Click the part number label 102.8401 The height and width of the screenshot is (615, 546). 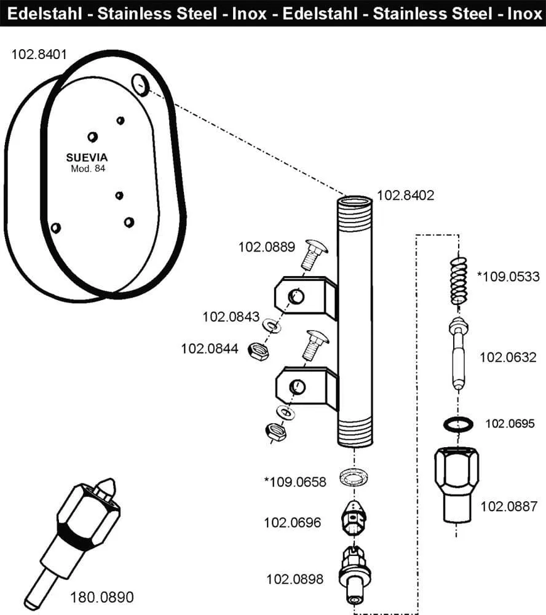click(40, 54)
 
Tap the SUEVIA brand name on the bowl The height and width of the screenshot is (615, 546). click(87, 157)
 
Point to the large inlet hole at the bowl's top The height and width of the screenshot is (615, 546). click(141, 84)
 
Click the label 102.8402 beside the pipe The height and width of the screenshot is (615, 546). click(405, 196)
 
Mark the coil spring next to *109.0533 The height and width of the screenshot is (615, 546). click(458, 280)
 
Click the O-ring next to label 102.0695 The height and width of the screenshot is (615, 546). click(458, 424)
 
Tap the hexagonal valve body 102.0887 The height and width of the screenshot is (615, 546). click(456, 483)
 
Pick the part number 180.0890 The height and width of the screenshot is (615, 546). click(101, 597)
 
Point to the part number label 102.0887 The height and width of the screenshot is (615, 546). click(508, 507)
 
